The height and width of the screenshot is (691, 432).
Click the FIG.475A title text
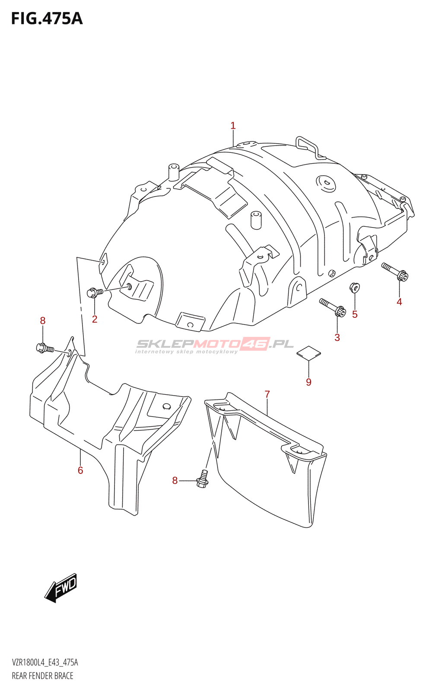pos(47,19)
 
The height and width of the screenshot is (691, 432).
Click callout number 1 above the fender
pos(233,126)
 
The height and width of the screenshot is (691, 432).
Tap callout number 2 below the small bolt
pos(95,319)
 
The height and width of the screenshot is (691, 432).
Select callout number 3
pos(337,338)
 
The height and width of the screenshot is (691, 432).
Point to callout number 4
pos(399,302)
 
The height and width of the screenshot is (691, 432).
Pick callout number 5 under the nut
pos(355,314)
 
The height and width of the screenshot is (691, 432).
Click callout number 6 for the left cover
pos(80,470)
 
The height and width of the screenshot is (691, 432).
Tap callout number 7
pos(267,394)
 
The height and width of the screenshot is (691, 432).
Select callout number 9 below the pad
pos(308,382)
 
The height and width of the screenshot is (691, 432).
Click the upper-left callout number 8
pos(43,320)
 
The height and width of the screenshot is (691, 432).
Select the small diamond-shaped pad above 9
pos(308,352)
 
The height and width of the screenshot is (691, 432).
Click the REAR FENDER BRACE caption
pos(42,676)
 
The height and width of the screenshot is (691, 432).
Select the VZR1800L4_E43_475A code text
pos(45,662)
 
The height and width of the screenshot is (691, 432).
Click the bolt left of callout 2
pos(94,292)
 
